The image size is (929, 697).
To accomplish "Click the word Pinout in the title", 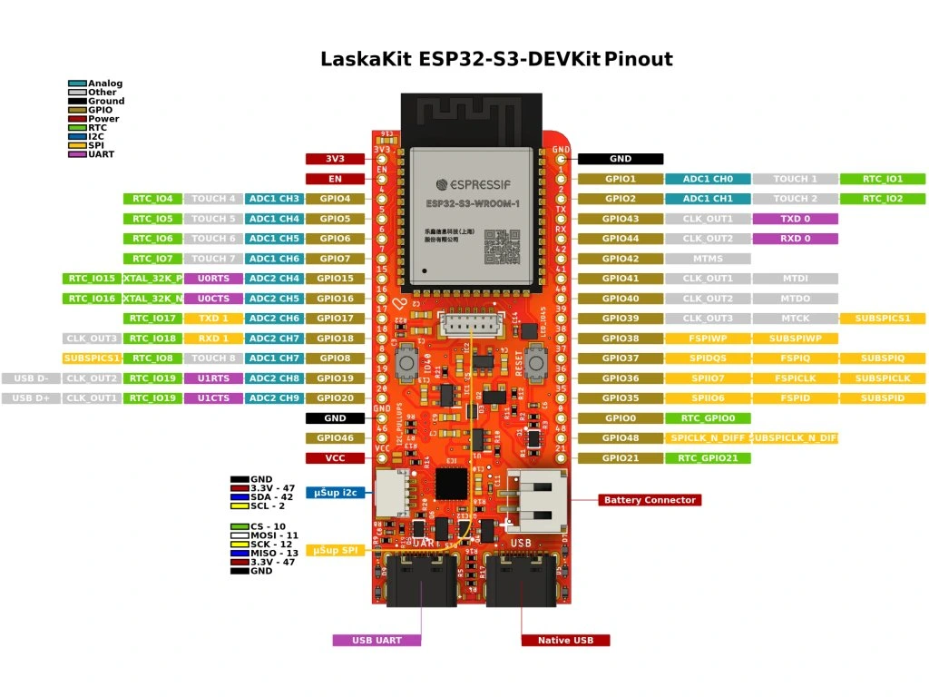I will (x=639, y=60).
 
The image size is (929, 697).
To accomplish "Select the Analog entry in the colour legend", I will (x=104, y=83).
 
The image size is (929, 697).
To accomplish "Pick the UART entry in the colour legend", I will (x=101, y=154).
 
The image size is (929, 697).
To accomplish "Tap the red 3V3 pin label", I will (x=335, y=159).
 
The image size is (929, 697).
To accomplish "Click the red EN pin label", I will (x=335, y=179).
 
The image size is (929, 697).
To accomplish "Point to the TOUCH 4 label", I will (x=214, y=199).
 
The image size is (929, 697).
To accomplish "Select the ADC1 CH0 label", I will (x=708, y=179).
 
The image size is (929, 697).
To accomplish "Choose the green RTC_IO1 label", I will (x=882, y=179).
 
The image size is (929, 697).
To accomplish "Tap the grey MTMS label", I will (x=708, y=259).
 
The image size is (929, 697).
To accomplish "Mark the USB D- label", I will (x=31, y=378).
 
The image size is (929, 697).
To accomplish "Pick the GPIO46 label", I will (x=335, y=438).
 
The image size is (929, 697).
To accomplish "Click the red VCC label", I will (x=335, y=458).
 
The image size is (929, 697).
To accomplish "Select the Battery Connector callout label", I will (x=649, y=500).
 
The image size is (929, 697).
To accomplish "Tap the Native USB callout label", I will (x=565, y=641).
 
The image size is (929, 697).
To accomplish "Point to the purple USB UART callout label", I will (x=376, y=641).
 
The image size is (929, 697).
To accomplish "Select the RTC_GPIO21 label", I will (x=708, y=458).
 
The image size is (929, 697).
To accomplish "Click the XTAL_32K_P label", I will (x=152, y=279).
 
